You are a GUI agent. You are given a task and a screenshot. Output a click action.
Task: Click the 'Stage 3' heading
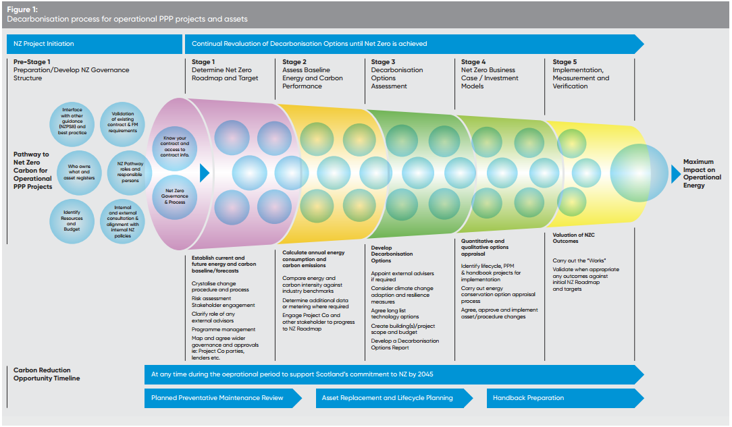click(x=381, y=62)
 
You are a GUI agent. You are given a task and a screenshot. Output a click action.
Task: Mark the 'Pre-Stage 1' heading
click(x=32, y=62)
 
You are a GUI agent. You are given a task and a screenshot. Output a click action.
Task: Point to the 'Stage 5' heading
click(x=565, y=62)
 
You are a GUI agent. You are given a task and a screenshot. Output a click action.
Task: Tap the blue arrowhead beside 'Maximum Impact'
click(x=676, y=173)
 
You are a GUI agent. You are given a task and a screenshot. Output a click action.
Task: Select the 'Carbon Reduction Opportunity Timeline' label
click(x=47, y=374)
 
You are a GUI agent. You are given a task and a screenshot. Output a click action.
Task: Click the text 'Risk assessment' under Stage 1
click(x=211, y=298)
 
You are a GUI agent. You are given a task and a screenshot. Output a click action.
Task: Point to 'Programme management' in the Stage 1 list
click(x=222, y=329)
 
